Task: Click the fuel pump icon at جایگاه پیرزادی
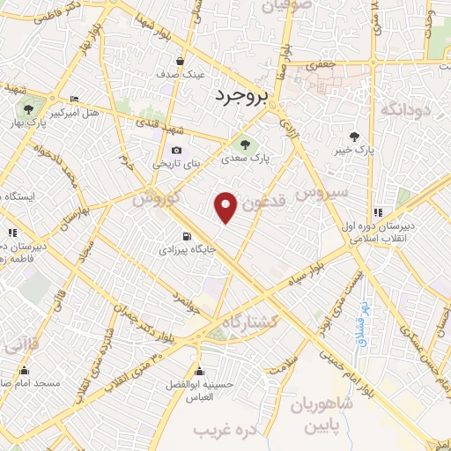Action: point(186,236)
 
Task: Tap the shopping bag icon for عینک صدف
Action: point(180,61)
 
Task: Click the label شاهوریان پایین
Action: point(321,414)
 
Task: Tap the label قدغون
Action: point(265,201)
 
